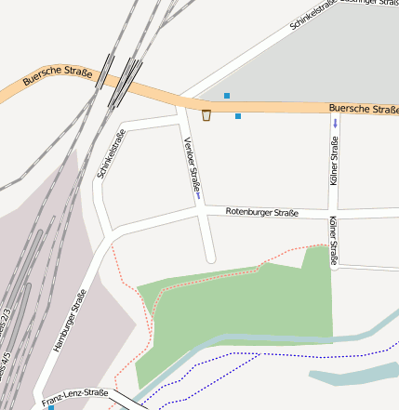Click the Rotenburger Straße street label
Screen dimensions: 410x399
point(261,213)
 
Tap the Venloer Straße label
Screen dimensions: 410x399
point(193,165)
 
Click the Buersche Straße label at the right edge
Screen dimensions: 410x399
point(364,109)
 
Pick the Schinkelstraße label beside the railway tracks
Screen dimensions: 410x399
point(111,154)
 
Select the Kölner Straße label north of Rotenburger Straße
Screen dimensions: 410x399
point(335,160)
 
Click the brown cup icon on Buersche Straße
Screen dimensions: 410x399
point(206,115)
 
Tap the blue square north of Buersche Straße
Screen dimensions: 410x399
point(227,95)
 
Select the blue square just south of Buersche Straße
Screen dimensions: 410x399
point(238,116)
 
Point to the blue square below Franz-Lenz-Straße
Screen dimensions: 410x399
point(51,407)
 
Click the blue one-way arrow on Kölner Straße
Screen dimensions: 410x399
point(335,124)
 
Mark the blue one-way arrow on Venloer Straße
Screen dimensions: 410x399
point(198,194)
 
